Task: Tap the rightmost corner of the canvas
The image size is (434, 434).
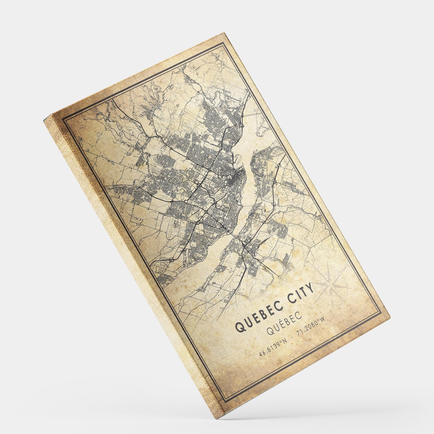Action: coord(390,317)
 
